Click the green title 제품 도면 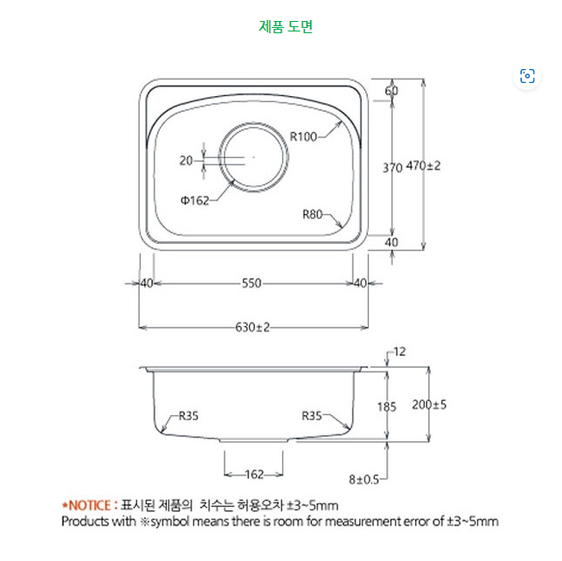click(286, 26)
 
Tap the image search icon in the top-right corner click(527, 76)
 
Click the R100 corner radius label click(305, 135)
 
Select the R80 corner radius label click(314, 214)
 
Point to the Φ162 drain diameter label click(195, 200)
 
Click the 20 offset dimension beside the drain click(186, 160)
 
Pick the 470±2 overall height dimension click(424, 165)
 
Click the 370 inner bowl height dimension click(392, 166)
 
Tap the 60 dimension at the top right click(392, 91)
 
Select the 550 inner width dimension click(251, 283)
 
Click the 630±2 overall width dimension click(253, 327)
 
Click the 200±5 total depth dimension click(430, 405)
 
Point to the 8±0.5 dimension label click(364, 479)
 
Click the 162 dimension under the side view click(253, 474)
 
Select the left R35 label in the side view click(189, 416)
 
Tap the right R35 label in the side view click(312, 416)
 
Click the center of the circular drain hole click(253, 157)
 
